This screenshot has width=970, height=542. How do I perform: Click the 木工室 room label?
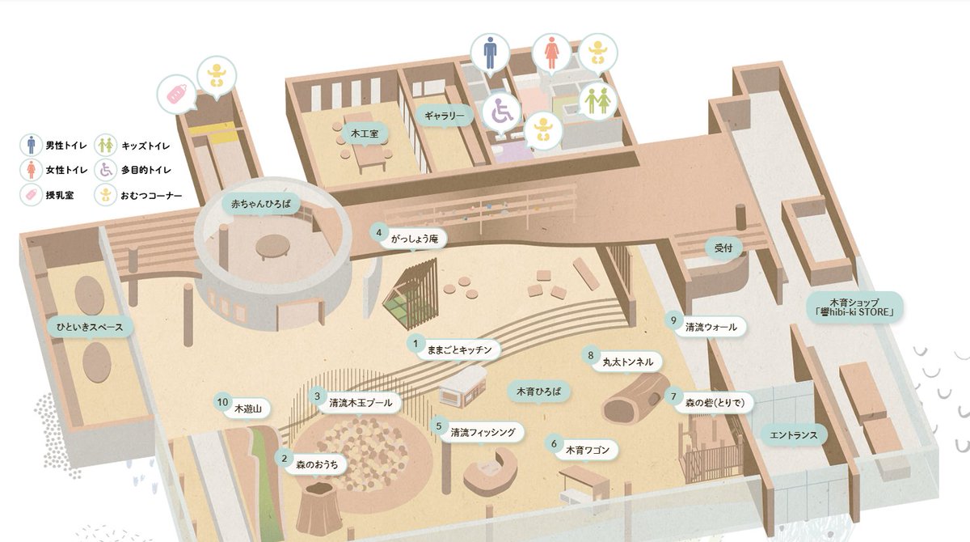tap(363, 132)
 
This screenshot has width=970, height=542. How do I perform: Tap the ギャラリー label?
tap(444, 116)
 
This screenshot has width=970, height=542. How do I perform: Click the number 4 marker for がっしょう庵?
tap(378, 233)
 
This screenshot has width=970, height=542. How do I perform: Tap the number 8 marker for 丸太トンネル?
tap(591, 355)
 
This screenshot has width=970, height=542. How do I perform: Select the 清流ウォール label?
tap(711, 327)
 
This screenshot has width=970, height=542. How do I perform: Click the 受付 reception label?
tap(723, 248)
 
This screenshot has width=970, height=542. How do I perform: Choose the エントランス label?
tap(794, 435)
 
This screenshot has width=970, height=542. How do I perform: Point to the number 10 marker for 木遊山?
tap(223, 401)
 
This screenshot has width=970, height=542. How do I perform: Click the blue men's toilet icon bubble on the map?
tap(489, 53)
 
